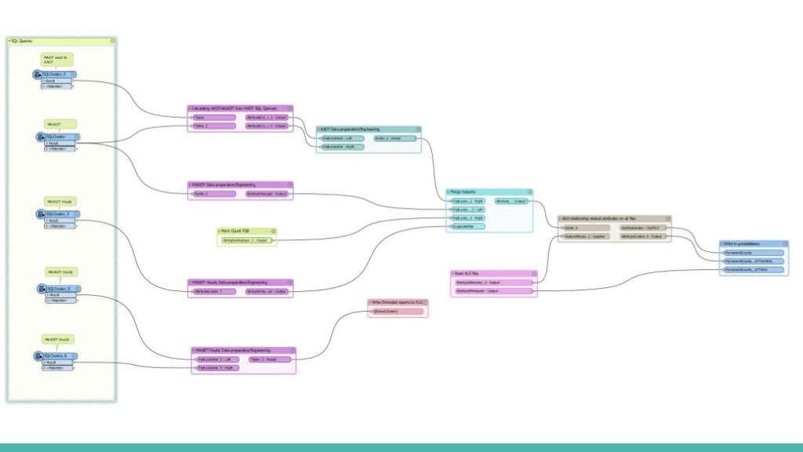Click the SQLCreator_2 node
[x=56, y=75]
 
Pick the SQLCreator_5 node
[x=58, y=289]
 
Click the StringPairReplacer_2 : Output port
[x=245, y=240]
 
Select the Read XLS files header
[x=471, y=274]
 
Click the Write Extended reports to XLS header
[x=397, y=302]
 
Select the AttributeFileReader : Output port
[x=478, y=291]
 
